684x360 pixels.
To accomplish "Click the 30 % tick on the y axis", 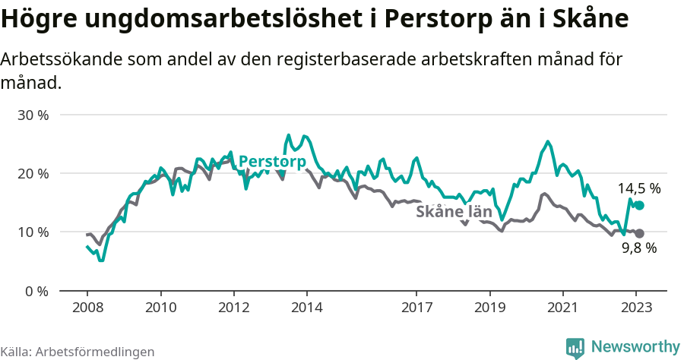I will (x=33, y=115).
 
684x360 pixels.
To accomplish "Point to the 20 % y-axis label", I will (x=33, y=174).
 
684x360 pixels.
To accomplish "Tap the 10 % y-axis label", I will (x=33, y=232).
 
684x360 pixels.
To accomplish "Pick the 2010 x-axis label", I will (x=160, y=308).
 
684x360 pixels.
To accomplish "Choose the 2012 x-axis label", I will (x=233, y=308).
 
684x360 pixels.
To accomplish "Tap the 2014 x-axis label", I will (x=306, y=308).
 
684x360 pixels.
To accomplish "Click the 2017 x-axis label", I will (x=416, y=308).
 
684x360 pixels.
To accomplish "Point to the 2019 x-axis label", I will (x=489, y=308).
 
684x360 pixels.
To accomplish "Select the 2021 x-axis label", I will (x=562, y=308).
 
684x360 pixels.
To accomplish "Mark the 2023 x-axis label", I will (x=636, y=308).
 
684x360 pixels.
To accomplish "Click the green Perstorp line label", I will (x=272, y=162).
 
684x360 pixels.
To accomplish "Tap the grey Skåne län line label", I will (x=454, y=213).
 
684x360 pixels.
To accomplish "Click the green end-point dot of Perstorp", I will (x=639, y=206).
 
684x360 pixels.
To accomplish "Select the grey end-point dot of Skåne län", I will (x=639, y=233).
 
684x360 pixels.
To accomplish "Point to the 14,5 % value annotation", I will (x=638, y=188).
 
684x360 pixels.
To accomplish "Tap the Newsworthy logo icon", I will (x=575, y=347).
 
